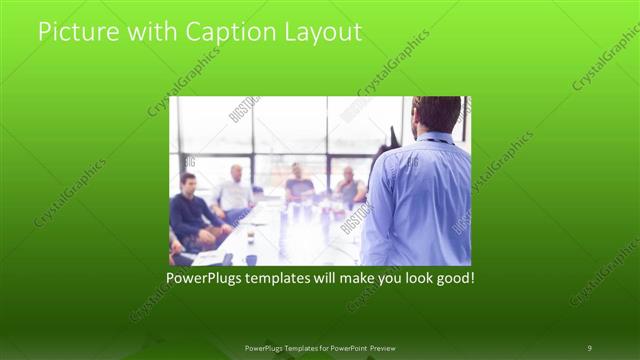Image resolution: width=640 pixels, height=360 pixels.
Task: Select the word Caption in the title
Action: pos(221,32)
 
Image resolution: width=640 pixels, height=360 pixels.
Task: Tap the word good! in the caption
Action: pos(453,276)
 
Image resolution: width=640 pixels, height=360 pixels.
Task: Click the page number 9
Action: pos(589,347)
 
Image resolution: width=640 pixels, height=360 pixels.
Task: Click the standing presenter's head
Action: pos(435,114)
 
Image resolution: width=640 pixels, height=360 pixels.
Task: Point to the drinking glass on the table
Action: pos(250,238)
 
